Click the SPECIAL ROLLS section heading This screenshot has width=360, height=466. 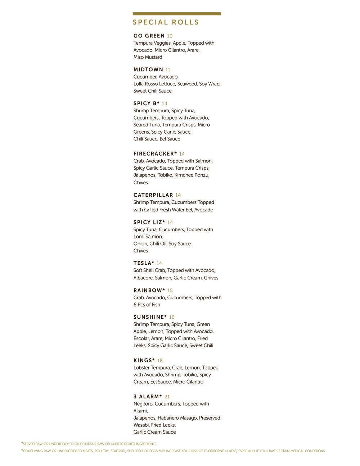tap(166, 22)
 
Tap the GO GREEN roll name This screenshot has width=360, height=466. tap(149, 36)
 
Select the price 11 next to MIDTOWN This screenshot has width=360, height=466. tap(168, 70)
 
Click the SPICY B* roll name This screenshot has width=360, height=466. tap(147, 104)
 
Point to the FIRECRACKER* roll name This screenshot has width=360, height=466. tap(155, 154)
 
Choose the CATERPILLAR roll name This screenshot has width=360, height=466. tap(153, 195)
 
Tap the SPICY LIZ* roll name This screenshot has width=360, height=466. tap(149, 223)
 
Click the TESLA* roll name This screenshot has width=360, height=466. tap(144, 263)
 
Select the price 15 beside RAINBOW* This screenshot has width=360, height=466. tap(170, 291)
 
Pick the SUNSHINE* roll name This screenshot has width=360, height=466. tap(150, 317)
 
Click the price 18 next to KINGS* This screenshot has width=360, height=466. tap(160, 360)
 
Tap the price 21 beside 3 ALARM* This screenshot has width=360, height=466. tap(167, 397)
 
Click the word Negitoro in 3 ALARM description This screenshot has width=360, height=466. tap(143, 404)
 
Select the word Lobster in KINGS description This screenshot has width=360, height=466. tap(142, 368)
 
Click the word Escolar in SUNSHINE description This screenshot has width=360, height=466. tap(141, 339)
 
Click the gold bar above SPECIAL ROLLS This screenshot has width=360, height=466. tap(177, 14)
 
